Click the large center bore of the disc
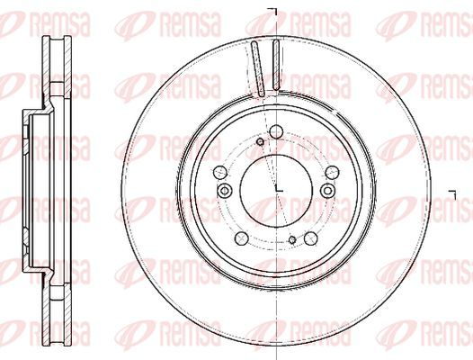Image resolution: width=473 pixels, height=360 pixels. (276, 190)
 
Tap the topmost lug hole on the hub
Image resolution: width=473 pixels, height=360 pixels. (276, 131)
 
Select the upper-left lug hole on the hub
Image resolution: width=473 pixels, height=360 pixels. (220, 172)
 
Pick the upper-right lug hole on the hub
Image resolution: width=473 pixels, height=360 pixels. (333, 172)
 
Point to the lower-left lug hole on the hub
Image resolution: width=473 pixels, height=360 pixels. (241, 238)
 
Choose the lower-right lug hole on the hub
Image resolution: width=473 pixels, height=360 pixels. (311, 238)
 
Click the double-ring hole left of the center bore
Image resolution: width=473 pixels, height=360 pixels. (225, 191)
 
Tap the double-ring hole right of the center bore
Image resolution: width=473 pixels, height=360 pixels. (328, 191)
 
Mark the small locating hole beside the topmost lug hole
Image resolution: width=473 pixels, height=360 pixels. (260, 141)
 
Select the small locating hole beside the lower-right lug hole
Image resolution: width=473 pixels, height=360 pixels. (292, 240)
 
